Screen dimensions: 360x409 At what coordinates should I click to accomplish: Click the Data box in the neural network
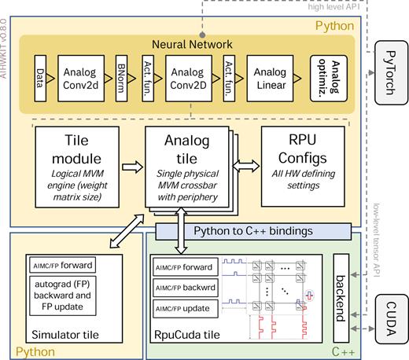coord(39,77)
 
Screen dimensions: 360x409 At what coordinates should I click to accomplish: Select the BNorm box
coord(120,77)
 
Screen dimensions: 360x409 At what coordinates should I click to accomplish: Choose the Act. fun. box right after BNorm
coord(146,77)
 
